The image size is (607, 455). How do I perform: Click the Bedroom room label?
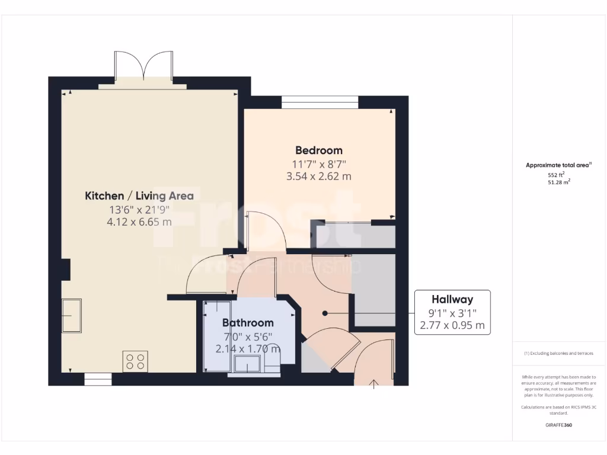click(319, 150)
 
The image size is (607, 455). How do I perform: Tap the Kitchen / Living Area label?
click(139, 196)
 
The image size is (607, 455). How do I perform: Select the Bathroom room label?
click(248, 323)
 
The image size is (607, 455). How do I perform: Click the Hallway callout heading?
click(452, 300)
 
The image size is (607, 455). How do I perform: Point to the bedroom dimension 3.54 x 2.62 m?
click(319, 176)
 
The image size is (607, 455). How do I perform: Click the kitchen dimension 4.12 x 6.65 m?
click(139, 222)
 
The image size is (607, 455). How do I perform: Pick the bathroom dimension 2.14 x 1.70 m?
click(248, 348)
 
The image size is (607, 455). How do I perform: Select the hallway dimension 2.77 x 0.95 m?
click(452, 325)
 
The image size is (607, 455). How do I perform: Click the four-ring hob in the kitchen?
click(135, 361)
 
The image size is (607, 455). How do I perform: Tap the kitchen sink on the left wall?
click(72, 316)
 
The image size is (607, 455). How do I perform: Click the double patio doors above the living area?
click(143, 66)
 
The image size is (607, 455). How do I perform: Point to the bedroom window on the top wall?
click(320, 102)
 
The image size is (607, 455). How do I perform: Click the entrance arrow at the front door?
click(374, 386)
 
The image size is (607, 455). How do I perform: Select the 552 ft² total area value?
click(556, 175)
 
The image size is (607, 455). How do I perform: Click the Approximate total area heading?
click(558, 165)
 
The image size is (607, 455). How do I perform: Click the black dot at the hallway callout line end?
click(324, 313)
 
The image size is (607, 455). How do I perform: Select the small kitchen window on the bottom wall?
click(98, 379)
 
